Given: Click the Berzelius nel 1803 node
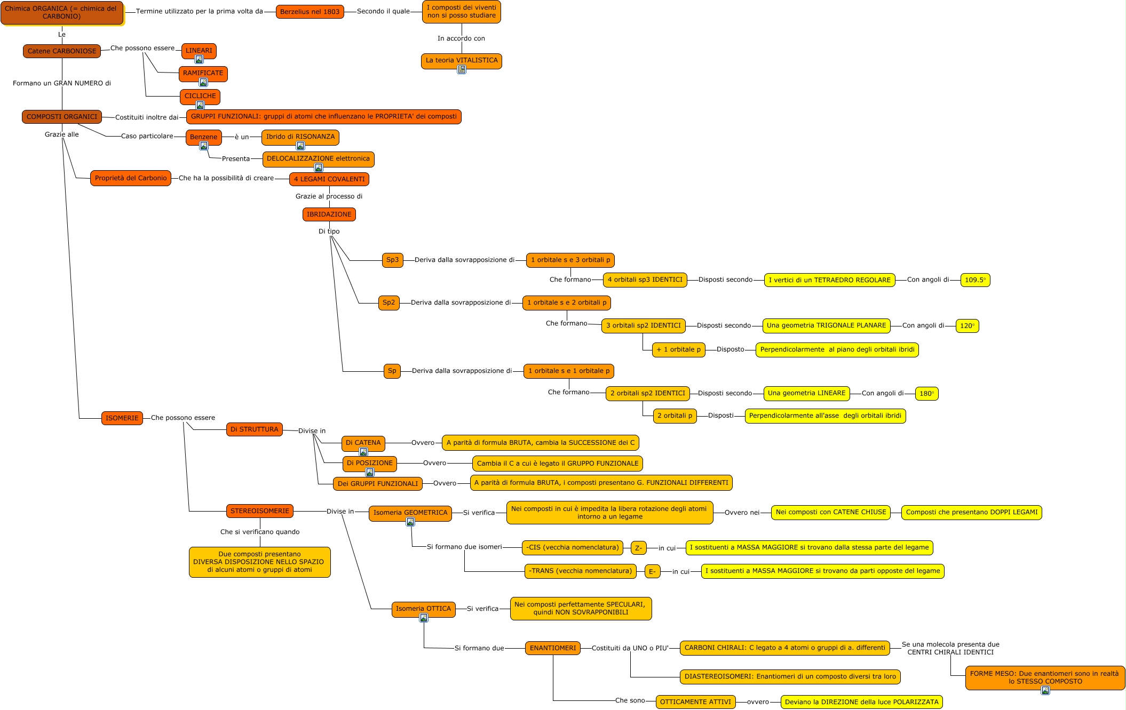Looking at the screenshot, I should [310, 12].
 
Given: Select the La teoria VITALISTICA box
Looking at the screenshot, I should [461, 61].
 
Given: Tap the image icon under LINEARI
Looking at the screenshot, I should [199, 60].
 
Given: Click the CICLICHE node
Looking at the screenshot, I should [200, 97].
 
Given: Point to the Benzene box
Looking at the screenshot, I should [203, 137].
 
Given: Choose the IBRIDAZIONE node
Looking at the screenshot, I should [329, 214].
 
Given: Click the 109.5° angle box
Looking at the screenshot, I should [975, 280].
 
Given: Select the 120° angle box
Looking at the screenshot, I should [967, 326].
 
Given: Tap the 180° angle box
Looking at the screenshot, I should [926, 394].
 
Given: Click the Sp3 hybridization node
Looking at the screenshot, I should [392, 260].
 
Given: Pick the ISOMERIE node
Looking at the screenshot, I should [122, 418].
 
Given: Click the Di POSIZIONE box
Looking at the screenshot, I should [369, 464].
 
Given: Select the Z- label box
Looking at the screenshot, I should [638, 548].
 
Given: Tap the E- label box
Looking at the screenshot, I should [652, 571].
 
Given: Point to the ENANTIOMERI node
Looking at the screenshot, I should [552, 648].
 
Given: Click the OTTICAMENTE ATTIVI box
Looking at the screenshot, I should [695, 702].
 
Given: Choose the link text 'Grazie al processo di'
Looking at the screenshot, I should [329, 196].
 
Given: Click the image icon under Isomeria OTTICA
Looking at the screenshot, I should [424, 618].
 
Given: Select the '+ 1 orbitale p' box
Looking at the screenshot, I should [678, 350].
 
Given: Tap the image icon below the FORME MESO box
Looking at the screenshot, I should [1045, 690].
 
